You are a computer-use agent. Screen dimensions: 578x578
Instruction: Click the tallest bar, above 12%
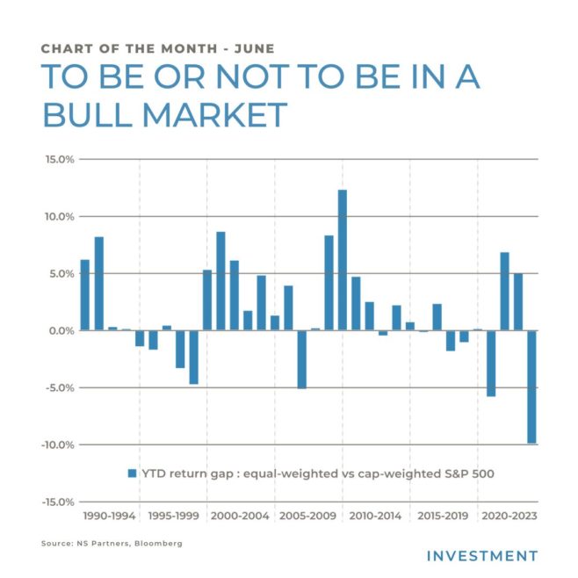point(343,259)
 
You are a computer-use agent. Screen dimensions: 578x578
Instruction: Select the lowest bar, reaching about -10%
point(531,387)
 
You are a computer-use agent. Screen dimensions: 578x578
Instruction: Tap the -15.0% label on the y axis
point(57,502)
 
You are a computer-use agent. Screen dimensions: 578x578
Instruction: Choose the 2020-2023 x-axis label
point(509,517)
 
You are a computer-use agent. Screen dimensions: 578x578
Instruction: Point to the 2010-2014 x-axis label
point(375,517)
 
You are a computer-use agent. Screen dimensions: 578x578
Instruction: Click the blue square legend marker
point(133,473)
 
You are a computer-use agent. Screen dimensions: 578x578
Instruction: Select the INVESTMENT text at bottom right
point(481,556)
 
